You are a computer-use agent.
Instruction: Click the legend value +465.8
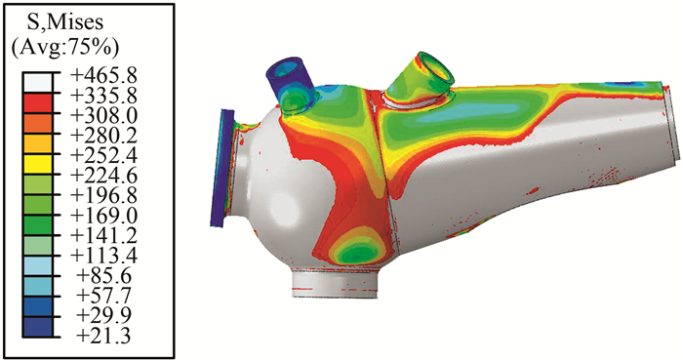pos(103,76)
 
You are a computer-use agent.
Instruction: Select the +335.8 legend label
pos(103,96)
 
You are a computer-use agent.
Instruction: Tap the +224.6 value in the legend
pos(103,176)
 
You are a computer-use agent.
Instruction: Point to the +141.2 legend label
pos(103,236)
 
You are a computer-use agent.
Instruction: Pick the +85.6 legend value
pos(106,276)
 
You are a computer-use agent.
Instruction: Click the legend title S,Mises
pos(65,23)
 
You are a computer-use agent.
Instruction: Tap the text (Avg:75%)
pos(65,49)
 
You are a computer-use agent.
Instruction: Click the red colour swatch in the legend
pos(37,103)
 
